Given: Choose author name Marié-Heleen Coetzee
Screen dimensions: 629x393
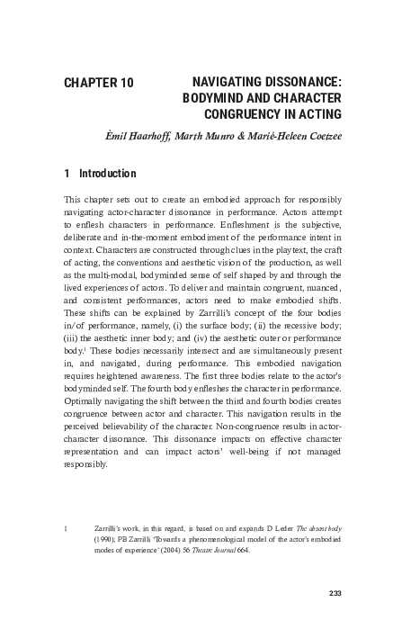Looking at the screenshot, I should click(x=299, y=136).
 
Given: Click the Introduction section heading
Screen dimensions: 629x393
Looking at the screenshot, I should click(x=108, y=173).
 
